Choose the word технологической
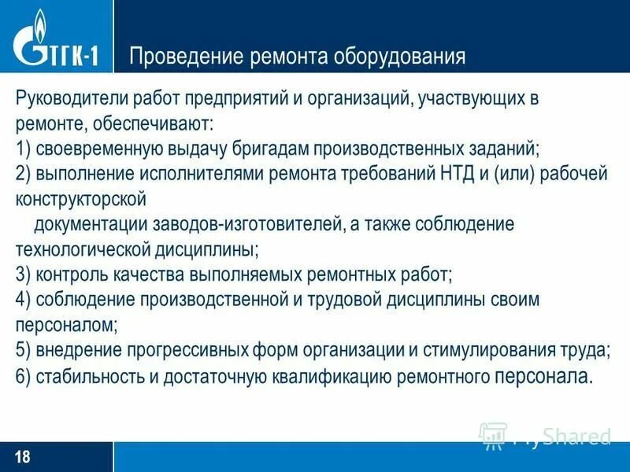tap(82, 249)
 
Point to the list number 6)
tap(23, 375)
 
